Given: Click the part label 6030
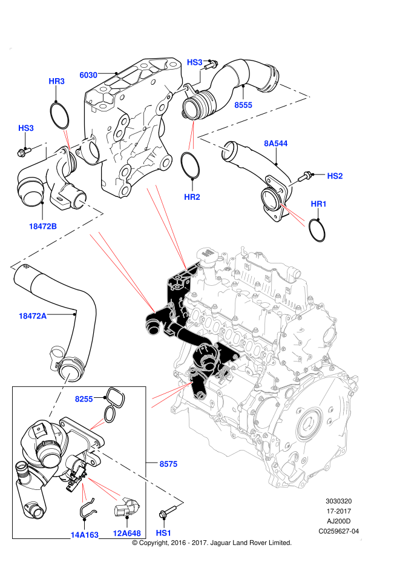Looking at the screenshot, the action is click(88, 75).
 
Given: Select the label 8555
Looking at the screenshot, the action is click(243, 105).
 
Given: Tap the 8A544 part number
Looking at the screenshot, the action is click(276, 144).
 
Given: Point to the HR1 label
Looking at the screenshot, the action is click(318, 204).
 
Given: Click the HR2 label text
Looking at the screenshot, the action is click(192, 197).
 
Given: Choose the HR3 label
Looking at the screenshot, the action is click(57, 81).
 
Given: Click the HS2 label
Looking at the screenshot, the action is click(335, 176).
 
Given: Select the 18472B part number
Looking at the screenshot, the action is click(42, 226).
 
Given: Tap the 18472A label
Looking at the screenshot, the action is click(33, 316).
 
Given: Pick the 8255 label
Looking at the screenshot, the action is click(84, 399).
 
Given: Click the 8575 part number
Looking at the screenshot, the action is click(168, 464).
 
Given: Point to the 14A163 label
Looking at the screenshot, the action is click(85, 535).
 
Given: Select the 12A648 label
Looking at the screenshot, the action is click(127, 534).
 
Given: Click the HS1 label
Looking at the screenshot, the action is click(163, 533).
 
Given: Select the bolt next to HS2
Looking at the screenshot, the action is click(304, 176).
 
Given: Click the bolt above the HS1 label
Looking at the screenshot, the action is click(168, 511).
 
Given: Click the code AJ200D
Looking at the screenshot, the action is click(338, 521).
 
